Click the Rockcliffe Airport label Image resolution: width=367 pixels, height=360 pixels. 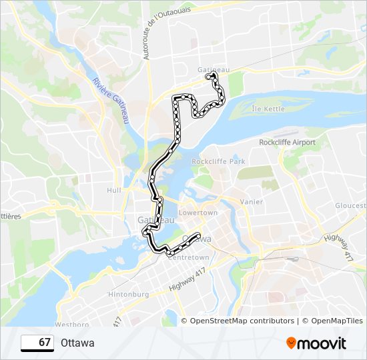[x=287, y=143]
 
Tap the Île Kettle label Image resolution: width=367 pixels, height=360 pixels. [x=268, y=109]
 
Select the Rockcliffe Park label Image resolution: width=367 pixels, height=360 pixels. [x=218, y=161]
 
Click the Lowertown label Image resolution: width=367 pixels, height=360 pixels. [x=198, y=212]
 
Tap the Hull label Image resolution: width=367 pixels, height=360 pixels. [x=113, y=190]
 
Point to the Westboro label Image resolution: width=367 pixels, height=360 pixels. [x=72, y=325]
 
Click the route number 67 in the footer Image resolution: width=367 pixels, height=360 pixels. [x=45, y=343]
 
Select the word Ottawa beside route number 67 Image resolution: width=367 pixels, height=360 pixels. [x=77, y=343]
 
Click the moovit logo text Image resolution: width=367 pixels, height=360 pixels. [x=322, y=343]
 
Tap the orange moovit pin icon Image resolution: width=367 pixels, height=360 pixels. [x=291, y=343]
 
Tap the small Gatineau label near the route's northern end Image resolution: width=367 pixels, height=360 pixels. [x=214, y=69]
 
